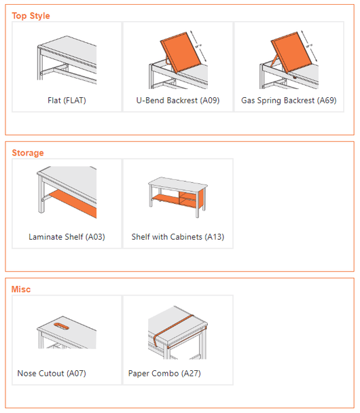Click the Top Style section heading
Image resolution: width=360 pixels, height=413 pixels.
point(31,16)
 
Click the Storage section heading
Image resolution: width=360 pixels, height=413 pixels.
point(28,153)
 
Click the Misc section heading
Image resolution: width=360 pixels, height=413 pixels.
point(21,289)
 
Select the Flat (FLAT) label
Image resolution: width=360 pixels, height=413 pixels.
point(67,101)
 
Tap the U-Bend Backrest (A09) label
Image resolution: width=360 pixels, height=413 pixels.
point(178,101)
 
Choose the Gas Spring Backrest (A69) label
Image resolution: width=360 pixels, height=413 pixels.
point(289,101)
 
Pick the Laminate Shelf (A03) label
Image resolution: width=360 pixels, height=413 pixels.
point(67,237)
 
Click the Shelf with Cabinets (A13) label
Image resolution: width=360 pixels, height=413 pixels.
point(177,237)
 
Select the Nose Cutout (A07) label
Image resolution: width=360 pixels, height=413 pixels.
point(52,373)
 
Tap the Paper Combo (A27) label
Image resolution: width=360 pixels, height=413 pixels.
point(164,373)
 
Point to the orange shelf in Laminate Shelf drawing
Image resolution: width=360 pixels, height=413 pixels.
point(71,202)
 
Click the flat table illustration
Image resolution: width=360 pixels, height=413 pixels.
point(67,61)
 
